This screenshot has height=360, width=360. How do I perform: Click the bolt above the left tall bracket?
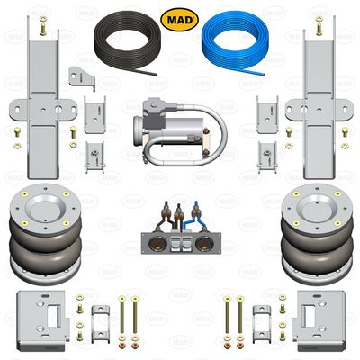(42, 26)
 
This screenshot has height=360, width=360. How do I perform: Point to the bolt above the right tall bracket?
(317, 26)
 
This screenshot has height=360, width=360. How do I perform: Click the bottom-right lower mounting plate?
(316, 318)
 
